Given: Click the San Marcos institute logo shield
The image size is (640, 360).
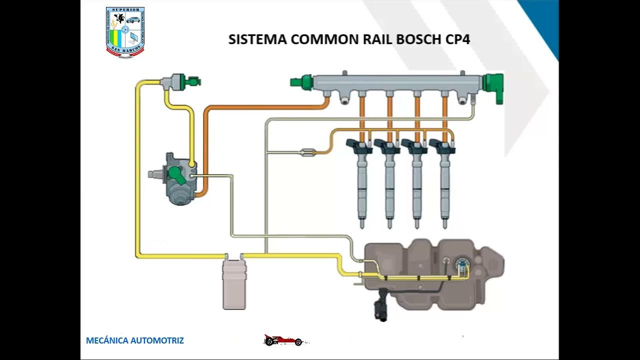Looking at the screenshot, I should (125, 31).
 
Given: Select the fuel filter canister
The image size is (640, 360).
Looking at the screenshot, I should (234, 283).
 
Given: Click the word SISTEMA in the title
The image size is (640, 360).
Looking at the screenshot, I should (257, 39).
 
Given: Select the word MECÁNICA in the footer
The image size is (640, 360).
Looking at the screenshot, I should (107, 341).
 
